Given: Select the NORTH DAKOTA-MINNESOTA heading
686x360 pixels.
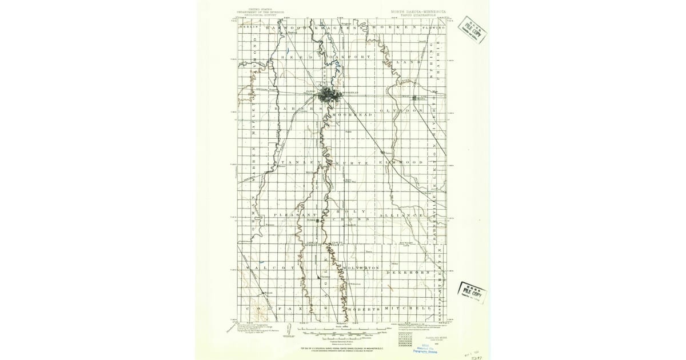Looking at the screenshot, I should pos(418,10).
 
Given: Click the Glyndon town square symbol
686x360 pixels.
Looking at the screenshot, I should pos(414,98).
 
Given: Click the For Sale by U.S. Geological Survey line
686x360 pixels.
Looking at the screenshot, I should pos(342,347).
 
